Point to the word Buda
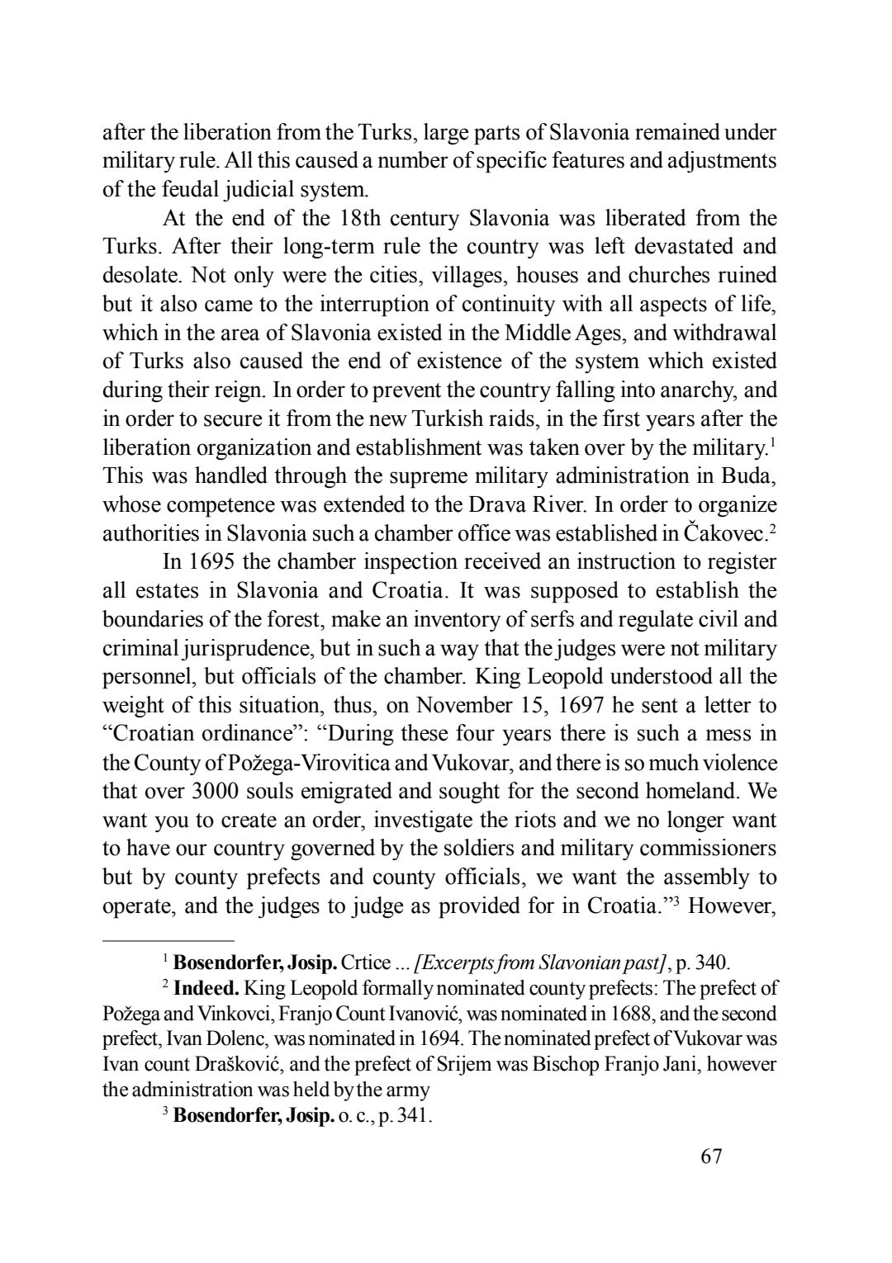pyautogui.click(x=750, y=476)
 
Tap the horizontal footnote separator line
pyautogui.click(x=168, y=940)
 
